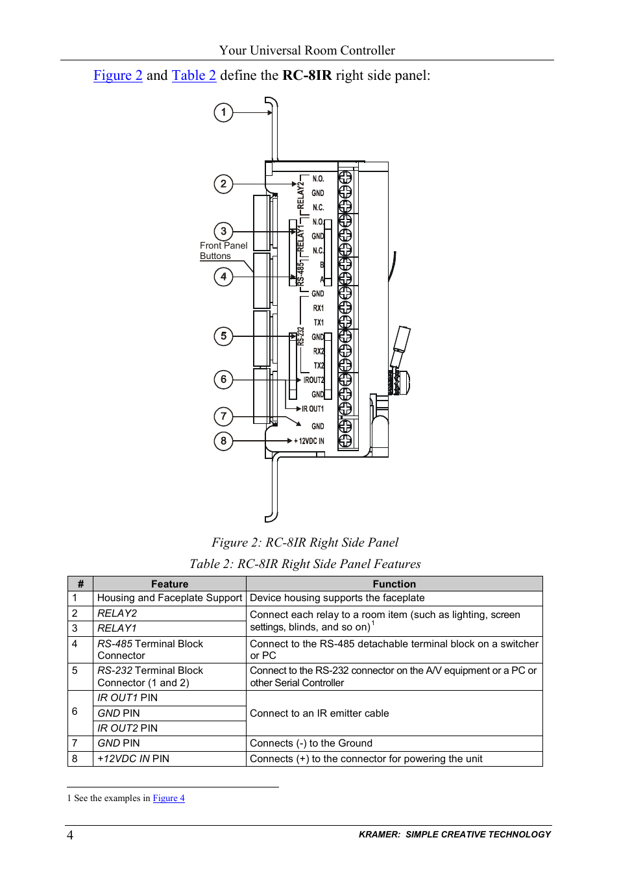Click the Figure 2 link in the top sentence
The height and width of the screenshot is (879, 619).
tap(117, 75)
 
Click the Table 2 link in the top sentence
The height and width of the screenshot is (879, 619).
tap(193, 75)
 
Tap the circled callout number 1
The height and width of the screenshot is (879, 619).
tap(223, 112)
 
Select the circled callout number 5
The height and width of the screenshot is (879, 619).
tap(223, 336)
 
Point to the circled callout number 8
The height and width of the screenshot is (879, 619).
tap(223, 441)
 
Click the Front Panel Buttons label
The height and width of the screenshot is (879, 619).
tap(223, 251)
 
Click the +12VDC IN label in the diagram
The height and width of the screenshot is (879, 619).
tap(309, 441)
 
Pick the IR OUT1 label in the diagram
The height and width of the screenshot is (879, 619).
tap(312, 409)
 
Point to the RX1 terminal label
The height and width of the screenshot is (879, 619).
tap(318, 308)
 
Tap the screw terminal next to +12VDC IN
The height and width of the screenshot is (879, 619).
tap(345, 441)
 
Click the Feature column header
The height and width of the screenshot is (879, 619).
tap(169, 584)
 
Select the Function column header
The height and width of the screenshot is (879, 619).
tap(394, 584)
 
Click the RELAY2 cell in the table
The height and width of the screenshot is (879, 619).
tap(117, 613)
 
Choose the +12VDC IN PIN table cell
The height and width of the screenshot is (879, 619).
tap(133, 759)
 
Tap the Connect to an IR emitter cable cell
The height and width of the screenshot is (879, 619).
tap(319, 713)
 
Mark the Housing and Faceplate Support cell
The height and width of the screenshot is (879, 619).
tap(169, 598)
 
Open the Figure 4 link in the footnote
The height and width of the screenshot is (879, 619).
tap(169, 799)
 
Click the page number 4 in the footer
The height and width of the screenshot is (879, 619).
tap(70, 836)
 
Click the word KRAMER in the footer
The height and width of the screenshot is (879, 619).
tap(379, 835)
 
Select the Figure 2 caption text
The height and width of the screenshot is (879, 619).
tap(305, 543)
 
